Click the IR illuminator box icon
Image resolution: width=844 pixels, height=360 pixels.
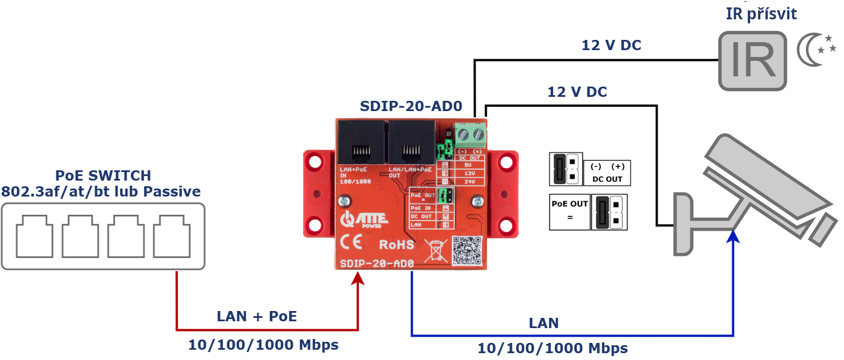click(x=752, y=61)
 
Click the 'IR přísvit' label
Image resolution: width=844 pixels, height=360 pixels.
click(x=761, y=14)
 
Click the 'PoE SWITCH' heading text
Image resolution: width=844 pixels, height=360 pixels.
click(x=103, y=175)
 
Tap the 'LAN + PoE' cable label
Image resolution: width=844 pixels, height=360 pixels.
click(x=257, y=316)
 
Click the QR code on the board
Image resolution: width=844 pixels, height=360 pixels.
click(x=468, y=251)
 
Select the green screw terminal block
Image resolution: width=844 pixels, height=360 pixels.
click(x=471, y=135)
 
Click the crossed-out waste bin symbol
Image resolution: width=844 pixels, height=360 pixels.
click(x=436, y=250)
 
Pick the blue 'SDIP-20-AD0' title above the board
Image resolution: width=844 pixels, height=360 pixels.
click(x=411, y=107)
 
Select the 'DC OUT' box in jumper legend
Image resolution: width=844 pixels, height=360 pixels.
click(x=607, y=172)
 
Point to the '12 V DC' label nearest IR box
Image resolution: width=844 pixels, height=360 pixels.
click(x=611, y=46)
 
